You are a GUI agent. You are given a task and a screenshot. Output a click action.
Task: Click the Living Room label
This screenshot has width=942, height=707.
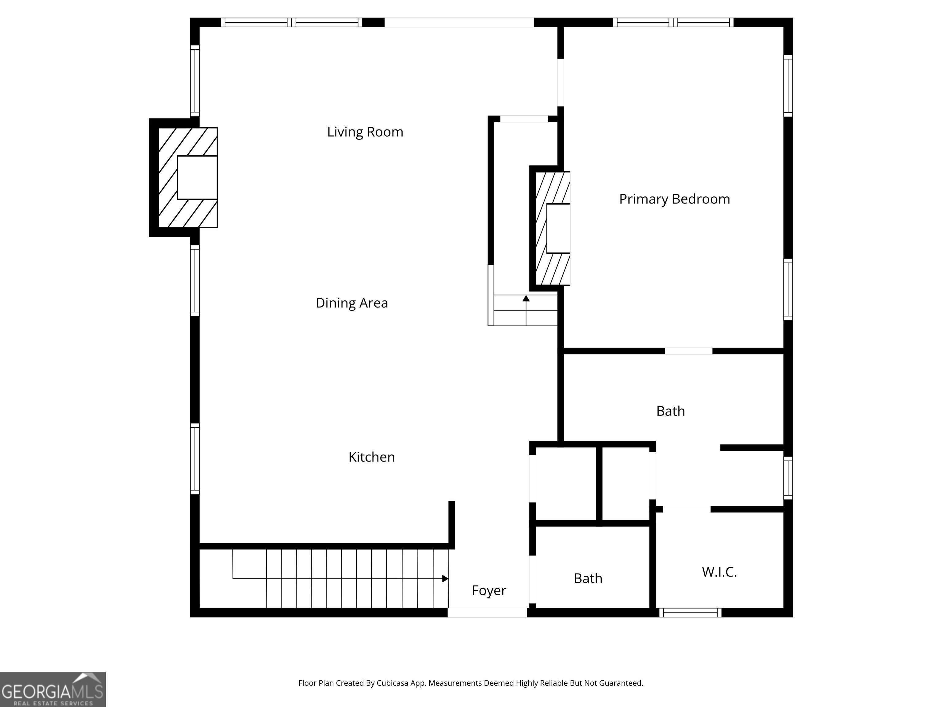[365, 132]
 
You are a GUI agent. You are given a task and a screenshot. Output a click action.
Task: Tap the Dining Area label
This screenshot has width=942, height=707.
[351, 303]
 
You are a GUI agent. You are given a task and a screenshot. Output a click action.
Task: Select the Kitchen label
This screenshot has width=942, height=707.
[371, 457]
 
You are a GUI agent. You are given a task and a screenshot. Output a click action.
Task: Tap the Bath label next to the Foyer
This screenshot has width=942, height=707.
[588, 578]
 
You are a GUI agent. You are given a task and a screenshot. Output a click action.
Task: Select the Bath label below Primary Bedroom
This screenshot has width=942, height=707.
[670, 411]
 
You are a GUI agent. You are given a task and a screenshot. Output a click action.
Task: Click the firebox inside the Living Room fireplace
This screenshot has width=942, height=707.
[197, 177]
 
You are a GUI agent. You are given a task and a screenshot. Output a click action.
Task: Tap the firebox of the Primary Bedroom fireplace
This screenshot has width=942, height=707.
[558, 228]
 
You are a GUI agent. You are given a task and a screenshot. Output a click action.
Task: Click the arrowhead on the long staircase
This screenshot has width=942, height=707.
[445, 579]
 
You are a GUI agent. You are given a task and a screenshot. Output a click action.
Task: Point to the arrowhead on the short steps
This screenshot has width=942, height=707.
[526, 298]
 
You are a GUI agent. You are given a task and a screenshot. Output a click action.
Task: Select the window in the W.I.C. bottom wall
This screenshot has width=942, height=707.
[690, 613]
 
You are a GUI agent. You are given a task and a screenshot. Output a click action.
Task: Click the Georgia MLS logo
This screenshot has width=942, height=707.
[52, 689]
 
